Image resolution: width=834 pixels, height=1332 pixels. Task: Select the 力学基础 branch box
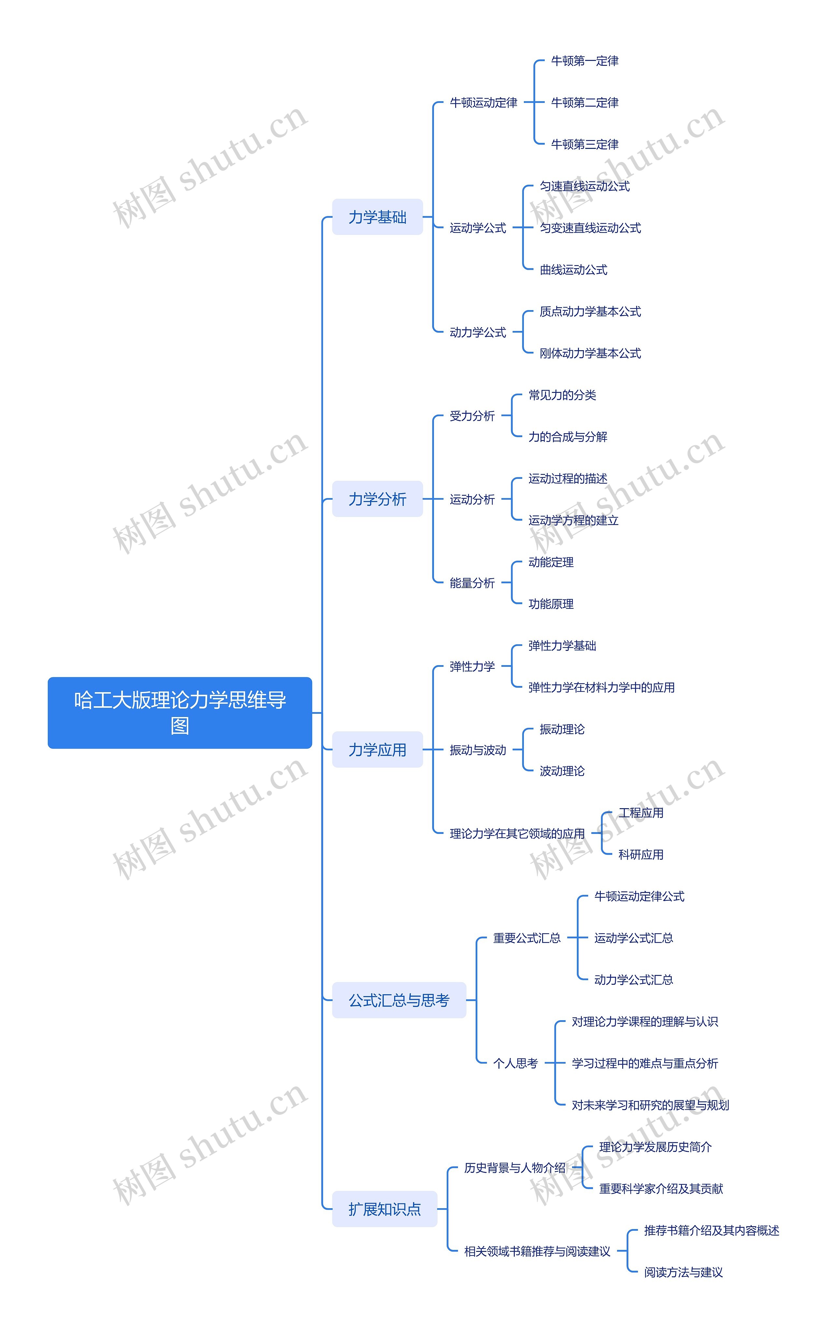(377, 217)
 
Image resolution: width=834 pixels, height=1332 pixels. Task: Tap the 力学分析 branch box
(377, 499)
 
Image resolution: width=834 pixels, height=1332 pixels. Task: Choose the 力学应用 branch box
(377, 750)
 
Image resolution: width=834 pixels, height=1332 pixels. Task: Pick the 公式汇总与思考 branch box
(399, 1000)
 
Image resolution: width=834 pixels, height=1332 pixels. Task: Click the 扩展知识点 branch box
(384, 1209)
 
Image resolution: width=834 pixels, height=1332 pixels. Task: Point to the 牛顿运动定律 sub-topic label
(483, 103)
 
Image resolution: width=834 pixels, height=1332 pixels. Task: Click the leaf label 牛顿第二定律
(585, 103)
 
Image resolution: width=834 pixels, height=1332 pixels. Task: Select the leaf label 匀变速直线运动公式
(590, 228)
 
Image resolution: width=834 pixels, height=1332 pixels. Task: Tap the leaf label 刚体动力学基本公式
(590, 353)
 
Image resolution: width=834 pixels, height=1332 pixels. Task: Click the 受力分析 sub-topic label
(472, 416)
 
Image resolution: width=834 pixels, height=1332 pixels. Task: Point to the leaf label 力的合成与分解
(568, 437)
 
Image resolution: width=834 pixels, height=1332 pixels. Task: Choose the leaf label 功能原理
(551, 604)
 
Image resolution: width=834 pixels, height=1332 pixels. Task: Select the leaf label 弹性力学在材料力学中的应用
(601, 687)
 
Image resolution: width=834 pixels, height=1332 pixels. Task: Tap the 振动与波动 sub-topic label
(478, 750)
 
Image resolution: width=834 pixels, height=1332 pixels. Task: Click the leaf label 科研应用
(640, 854)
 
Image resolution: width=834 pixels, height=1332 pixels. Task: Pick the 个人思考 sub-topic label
(515, 1063)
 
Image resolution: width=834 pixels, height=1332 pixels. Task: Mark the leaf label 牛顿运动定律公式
(639, 896)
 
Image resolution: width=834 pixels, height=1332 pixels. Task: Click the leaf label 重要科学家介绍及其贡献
(661, 1189)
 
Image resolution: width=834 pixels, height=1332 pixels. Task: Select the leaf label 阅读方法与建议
(683, 1272)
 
